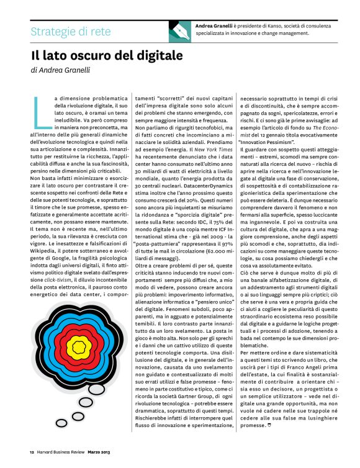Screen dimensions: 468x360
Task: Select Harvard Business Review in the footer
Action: pyautogui.click(x=61, y=451)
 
